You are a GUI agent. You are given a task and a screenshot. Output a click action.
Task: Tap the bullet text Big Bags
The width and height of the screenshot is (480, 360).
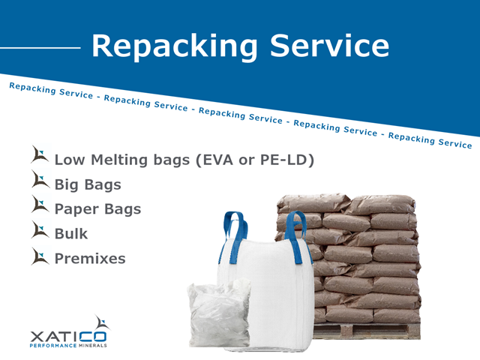[88, 184]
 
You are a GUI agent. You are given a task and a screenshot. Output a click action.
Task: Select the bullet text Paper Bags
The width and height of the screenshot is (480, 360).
[97, 208]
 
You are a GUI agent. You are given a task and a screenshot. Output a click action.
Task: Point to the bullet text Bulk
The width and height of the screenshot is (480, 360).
[70, 233]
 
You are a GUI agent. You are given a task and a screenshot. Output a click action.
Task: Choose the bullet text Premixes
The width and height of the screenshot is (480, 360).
[90, 258]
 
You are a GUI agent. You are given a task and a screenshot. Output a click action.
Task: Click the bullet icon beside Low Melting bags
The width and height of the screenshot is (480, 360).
[40, 156]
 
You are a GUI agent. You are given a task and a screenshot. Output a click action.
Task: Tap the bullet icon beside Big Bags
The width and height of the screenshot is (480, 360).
[40, 181]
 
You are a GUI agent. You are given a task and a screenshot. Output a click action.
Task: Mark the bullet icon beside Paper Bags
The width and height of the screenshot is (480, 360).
[40, 205]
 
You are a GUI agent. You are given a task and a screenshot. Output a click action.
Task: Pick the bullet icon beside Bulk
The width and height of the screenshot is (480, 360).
[40, 230]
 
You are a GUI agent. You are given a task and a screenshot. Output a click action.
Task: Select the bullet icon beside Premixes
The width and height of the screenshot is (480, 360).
[40, 255]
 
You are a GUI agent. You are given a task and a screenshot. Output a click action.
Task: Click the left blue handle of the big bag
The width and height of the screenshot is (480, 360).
[233, 229]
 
